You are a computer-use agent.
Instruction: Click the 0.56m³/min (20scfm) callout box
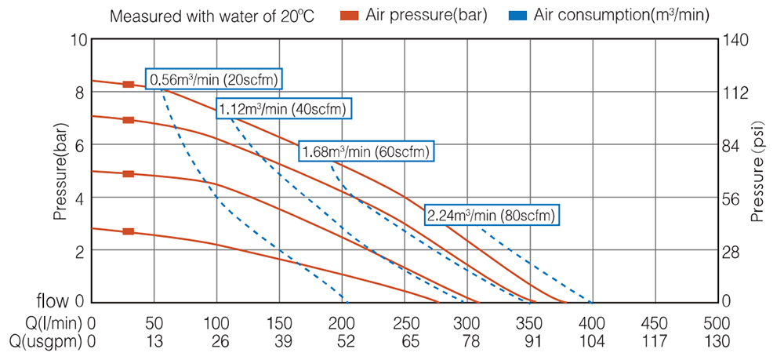(213, 79)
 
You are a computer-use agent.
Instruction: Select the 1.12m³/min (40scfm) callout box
(283, 109)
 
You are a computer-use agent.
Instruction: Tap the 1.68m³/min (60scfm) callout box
(365, 151)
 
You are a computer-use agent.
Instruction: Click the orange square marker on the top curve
(128, 84)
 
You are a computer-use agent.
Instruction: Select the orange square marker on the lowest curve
(128, 231)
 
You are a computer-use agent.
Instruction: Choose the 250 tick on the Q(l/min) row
(405, 322)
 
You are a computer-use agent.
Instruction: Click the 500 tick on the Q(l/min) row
(717, 322)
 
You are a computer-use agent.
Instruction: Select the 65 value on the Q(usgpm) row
(405, 341)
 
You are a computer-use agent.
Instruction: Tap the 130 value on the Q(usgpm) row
(717, 341)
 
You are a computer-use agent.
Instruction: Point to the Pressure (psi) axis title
(757, 172)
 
